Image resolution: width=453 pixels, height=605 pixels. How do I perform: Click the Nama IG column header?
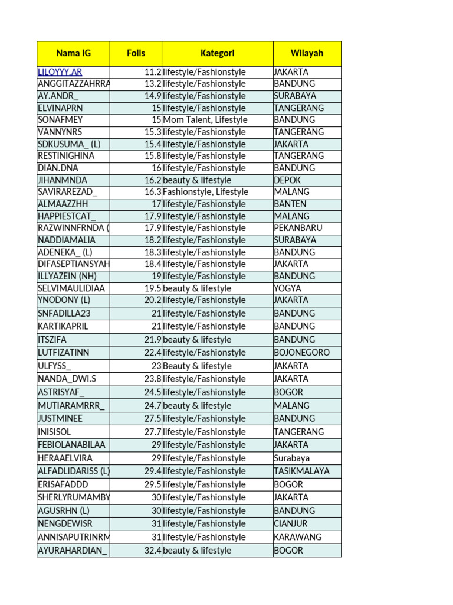[73, 53]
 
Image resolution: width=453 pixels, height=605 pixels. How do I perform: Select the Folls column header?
[136, 53]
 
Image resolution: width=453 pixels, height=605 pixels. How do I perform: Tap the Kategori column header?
[217, 53]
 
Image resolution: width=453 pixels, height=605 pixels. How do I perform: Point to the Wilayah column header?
[307, 53]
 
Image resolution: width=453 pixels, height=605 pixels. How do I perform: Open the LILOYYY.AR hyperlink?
[60, 72]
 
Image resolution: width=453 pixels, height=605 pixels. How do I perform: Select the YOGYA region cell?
[287, 288]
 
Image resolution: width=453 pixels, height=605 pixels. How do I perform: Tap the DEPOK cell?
[287, 180]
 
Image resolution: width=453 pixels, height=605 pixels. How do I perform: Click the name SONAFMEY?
[60, 120]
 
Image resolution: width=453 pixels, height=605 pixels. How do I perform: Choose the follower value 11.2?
[153, 72]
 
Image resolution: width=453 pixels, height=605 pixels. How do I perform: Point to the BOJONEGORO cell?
[301, 353]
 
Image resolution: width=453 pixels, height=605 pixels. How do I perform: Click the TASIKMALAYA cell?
[301, 471]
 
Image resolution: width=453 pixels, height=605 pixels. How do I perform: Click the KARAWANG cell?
[297, 537]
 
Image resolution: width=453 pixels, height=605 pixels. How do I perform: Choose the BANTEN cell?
[290, 204]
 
